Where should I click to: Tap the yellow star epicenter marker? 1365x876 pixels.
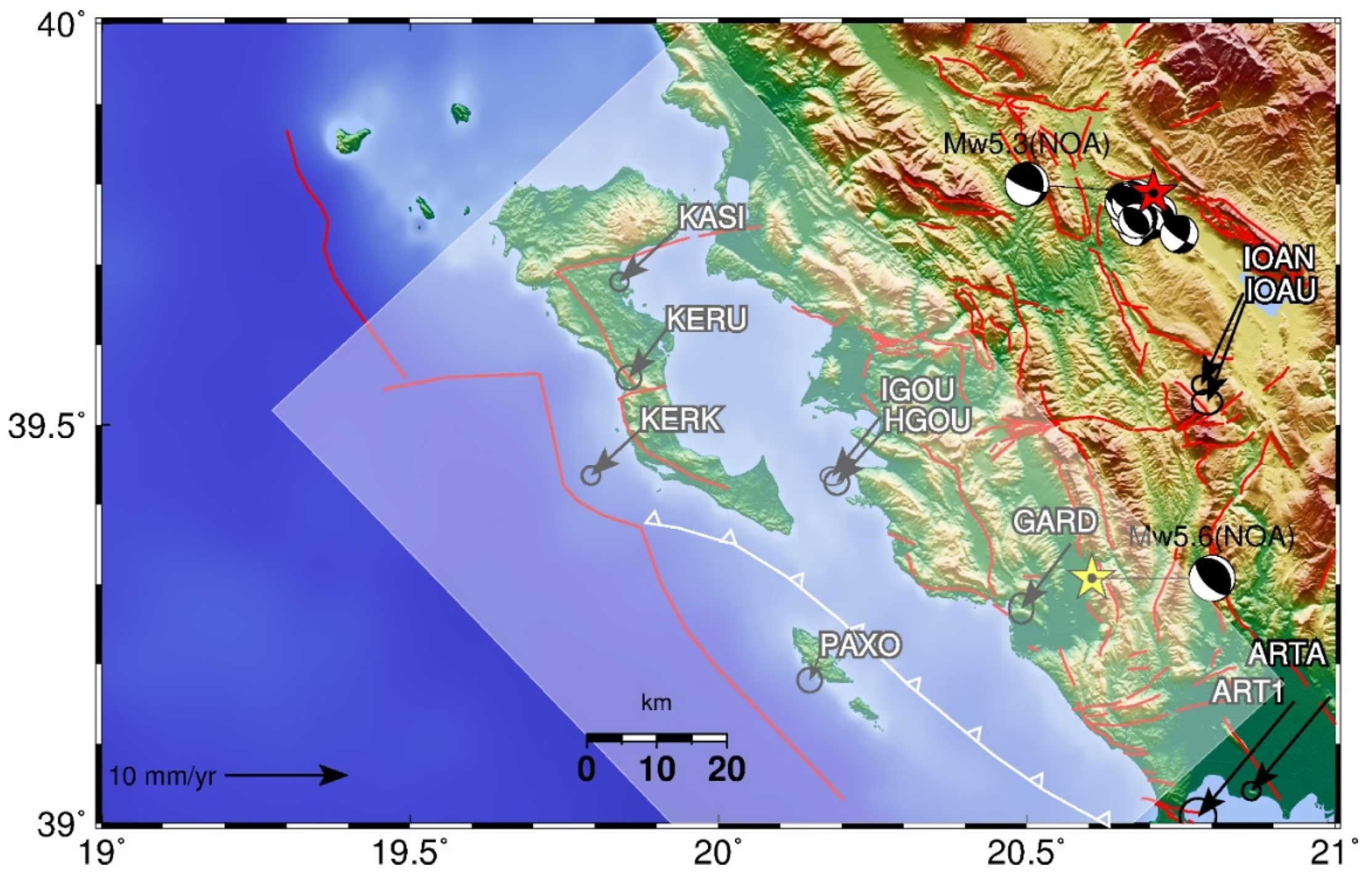pyautogui.click(x=1091, y=578)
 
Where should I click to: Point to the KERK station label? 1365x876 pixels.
pyautogui.click(x=680, y=420)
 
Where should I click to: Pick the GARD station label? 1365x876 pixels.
pyautogui.click(x=1055, y=522)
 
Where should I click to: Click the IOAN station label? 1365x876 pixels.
pyautogui.click(x=1278, y=258)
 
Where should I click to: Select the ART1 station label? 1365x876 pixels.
pyautogui.click(x=1247, y=692)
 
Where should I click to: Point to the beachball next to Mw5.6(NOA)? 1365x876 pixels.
pyautogui.click(x=1211, y=578)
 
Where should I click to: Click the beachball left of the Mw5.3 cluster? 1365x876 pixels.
pyautogui.click(x=1027, y=184)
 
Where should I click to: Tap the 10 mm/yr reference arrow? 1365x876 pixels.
pyautogui.click(x=287, y=775)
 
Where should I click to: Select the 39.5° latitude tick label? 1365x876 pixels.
pyautogui.click(x=46, y=426)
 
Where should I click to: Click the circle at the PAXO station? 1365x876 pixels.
pyautogui.click(x=809, y=679)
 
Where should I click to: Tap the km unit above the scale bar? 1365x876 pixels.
pyautogui.click(x=655, y=703)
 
